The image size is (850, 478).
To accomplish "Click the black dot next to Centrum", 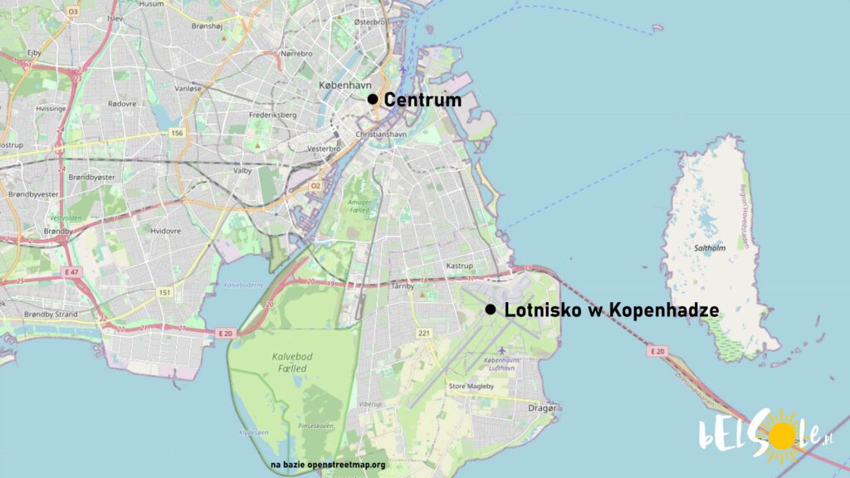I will coord(373,100).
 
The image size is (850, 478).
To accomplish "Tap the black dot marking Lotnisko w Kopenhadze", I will coord(490,310).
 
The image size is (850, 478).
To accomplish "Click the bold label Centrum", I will coord(423,100).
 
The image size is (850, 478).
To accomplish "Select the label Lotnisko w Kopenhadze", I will coord(611,310).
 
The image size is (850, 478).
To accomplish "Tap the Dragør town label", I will coord(544,407).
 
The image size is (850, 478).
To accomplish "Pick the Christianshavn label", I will coord(380,134).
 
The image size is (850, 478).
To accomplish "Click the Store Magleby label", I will coord(471,386).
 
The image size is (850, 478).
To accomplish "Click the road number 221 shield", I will coord(424,334).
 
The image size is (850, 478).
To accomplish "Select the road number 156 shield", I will coord(176,133).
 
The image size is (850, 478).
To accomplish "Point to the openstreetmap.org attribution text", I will coord(328,465).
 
